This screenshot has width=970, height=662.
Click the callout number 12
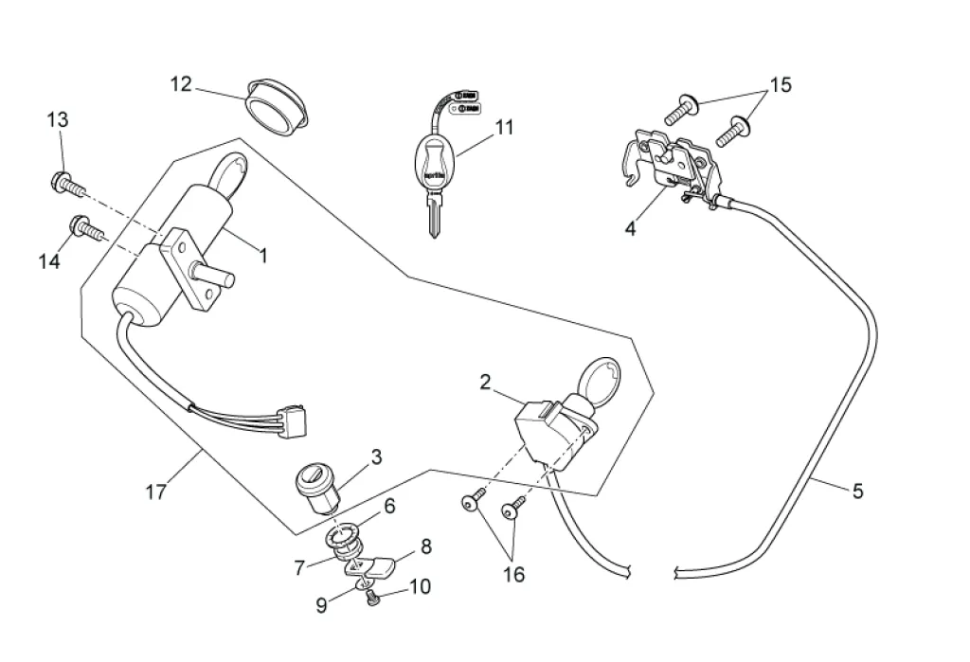click(181, 84)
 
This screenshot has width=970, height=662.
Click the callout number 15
click(780, 85)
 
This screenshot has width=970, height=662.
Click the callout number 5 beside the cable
click(857, 491)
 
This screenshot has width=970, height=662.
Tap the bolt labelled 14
click(85, 226)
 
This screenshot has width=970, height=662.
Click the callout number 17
click(156, 492)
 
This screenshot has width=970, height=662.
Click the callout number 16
click(514, 574)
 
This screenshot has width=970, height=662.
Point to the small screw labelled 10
click(372, 597)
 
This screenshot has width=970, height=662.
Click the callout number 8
click(425, 546)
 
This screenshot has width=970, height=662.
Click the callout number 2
click(485, 383)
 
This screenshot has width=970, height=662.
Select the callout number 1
click(263, 255)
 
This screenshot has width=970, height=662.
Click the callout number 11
click(504, 127)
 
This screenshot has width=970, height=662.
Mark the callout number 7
click(300, 568)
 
